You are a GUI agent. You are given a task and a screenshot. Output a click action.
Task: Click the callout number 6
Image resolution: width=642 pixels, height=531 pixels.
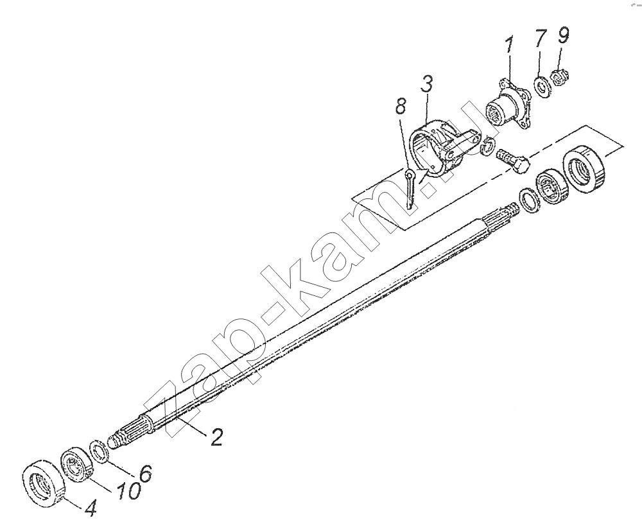(x=145, y=473)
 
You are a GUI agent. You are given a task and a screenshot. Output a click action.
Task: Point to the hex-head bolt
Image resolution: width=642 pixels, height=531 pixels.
(x=512, y=162)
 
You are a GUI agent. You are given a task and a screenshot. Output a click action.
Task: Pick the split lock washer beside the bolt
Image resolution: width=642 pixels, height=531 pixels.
(x=489, y=148)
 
